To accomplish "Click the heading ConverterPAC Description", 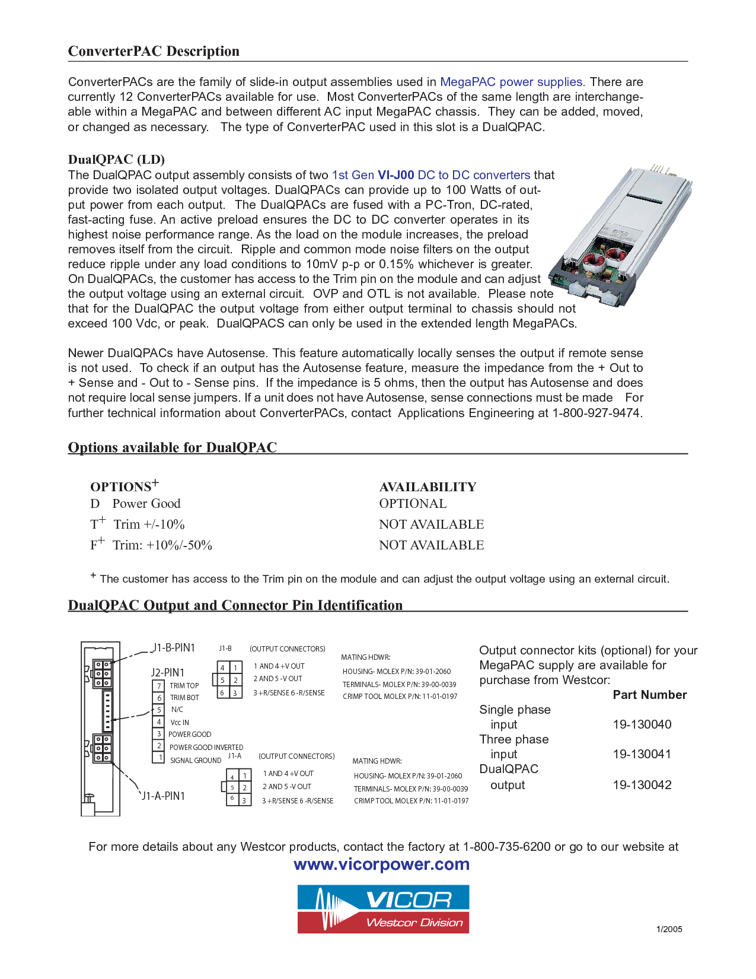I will coord(154,52).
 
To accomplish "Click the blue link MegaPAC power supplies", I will coord(512,82).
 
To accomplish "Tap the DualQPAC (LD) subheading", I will coord(116,160).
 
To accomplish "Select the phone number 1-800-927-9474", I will coord(596,413).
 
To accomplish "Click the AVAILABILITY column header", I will coord(428,487).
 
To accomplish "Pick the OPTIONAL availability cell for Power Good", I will coord(413,504).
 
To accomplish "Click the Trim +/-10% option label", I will coord(149,525).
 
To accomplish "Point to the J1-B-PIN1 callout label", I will coord(174,648).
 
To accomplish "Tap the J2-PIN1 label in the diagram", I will coord(167,672).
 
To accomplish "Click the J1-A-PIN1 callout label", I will coord(163,796).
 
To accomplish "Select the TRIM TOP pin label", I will coord(184,686).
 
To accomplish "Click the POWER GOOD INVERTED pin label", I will coord(206,748).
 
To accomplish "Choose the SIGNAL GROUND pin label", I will coord(195,761).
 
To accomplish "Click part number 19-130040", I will coord(642,724).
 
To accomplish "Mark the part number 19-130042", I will coord(642,785).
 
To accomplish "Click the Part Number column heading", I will coord(649,695).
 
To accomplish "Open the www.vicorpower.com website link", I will coord(381,864).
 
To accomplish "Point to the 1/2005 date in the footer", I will coord(669,930).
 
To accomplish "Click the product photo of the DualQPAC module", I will coord(620,237).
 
